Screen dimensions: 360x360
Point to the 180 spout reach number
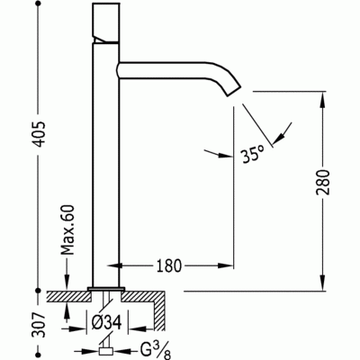click(168, 266)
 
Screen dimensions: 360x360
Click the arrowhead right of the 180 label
click(230, 266)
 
